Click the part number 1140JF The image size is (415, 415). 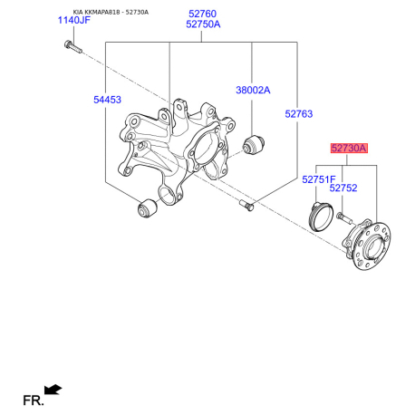(74, 20)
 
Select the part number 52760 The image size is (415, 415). (202, 14)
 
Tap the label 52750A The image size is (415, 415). (203, 24)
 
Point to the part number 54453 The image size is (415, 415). (107, 100)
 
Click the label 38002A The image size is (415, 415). (253, 90)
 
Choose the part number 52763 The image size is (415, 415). (299, 114)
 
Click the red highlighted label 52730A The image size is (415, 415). (349, 148)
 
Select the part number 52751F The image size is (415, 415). (319, 179)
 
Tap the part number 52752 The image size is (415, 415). (343, 188)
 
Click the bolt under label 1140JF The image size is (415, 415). (72, 46)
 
